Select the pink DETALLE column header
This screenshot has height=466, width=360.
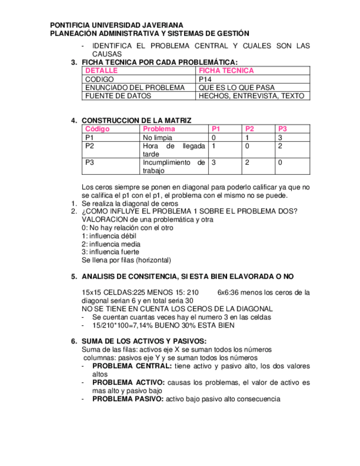[x=102, y=71]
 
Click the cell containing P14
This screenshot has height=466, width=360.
[x=204, y=79]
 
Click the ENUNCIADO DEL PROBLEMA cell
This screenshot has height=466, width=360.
[x=135, y=87]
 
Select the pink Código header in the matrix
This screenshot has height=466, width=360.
[x=98, y=129]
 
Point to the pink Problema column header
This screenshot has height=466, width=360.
[x=159, y=129]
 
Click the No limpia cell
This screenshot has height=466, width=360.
[x=157, y=137]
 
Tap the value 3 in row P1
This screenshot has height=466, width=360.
[x=280, y=137]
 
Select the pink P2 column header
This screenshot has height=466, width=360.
[x=250, y=129]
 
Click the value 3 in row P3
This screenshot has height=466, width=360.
[x=213, y=163]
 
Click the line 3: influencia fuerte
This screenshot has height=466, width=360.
[x=110, y=252]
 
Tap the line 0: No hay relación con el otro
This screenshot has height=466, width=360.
[x=128, y=228]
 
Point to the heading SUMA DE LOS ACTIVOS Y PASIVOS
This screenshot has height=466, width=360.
[x=144, y=341]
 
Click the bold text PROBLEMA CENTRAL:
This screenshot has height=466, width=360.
[x=124, y=366]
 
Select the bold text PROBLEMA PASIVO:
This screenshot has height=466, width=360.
[x=128, y=399]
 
